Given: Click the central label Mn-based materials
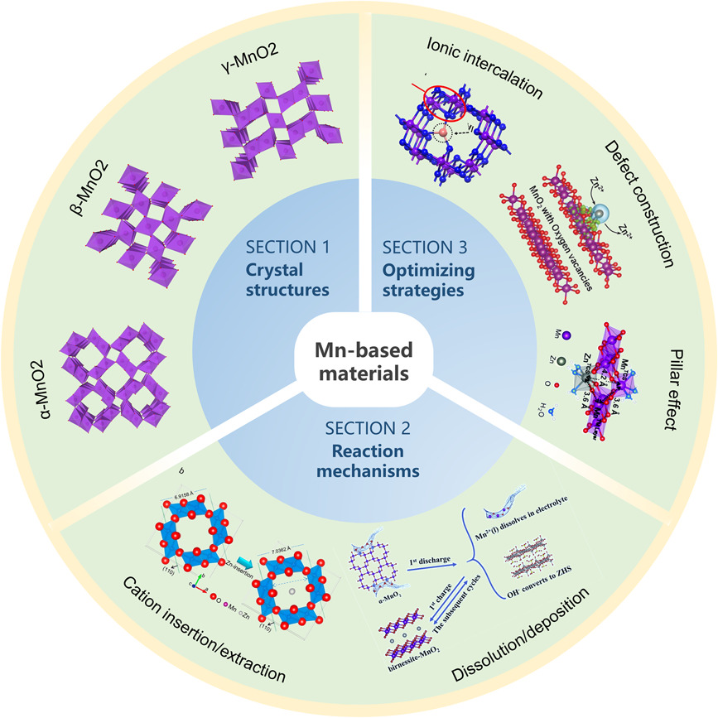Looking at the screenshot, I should tap(359, 361).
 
